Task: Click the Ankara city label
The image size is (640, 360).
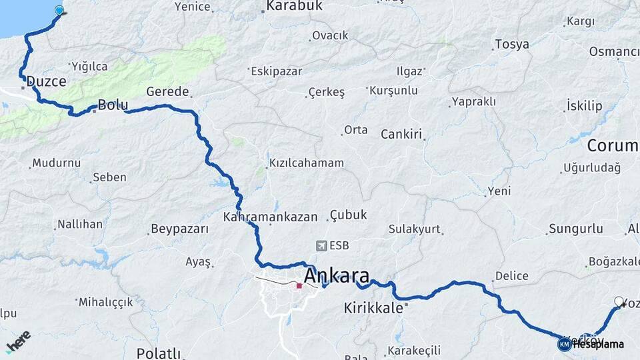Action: click(336, 275)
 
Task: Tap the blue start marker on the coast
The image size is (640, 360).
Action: click(60, 10)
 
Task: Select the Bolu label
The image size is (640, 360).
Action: click(112, 105)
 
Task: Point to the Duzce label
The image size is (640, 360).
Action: click(47, 81)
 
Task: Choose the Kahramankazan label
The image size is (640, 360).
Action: click(271, 217)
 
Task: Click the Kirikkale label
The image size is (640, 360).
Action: click(374, 308)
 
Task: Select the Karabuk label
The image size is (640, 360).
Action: click(293, 6)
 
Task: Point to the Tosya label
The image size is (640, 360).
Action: click(512, 45)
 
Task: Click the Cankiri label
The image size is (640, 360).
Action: click(402, 135)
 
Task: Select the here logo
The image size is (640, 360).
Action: click(18, 341)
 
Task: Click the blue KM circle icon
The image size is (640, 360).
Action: click(564, 344)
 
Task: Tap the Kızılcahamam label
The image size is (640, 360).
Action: click(306, 163)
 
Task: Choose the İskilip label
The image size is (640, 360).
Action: click(583, 106)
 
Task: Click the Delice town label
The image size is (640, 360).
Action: click(512, 276)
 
